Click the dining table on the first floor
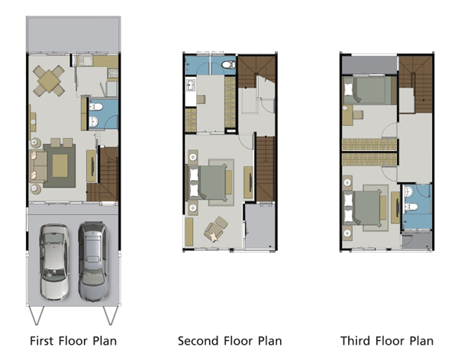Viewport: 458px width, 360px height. pyautogui.click(x=49, y=81)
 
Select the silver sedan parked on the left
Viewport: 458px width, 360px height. pyautogui.click(x=54, y=262)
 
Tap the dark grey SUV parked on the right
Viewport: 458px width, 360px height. pyautogui.click(x=93, y=262)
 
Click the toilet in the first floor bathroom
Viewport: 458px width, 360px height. pyautogui.click(x=96, y=107)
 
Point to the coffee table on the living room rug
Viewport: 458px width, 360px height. pyautogui.click(x=60, y=166)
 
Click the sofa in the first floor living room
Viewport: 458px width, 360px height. pyautogui.click(x=38, y=166)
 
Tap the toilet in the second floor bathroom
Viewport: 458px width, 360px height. pyautogui.click(x=228, y=65)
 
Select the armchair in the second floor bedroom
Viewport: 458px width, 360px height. pyautogui.click(x=216, y=228)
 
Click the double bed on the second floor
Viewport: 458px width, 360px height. pyautogui.click(x=207, y=182)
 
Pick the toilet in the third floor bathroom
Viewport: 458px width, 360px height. pyautogui.click(x=411, y=207)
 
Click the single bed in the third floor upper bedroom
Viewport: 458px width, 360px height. pyautogui.click(x=369, y=90)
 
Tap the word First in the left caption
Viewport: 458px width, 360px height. pyautogui.click(x=41, y=341)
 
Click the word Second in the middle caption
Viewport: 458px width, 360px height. pyautogui.click(x=198, y=341)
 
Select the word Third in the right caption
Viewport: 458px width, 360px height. pyautogui.click(x=355, y=341)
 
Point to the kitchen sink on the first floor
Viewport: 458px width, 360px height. pyautogui.click(x=85, y=61)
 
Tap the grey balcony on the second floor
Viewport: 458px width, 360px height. pyautogui.click(x=260, y=227)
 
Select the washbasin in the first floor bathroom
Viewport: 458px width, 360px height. pyautogui.click(x=94, y=121)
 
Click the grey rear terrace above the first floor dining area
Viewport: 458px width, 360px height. pyautogui.click(x=73, y=34)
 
